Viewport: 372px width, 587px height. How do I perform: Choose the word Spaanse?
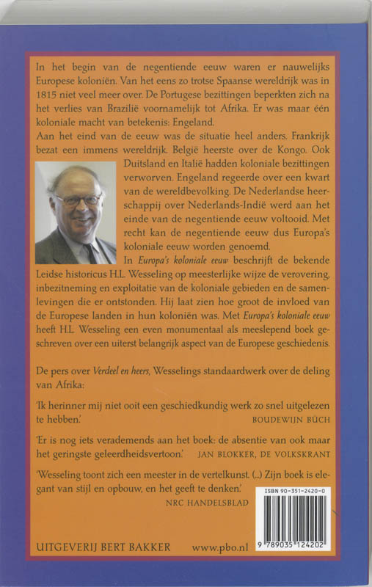click(189, 81)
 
